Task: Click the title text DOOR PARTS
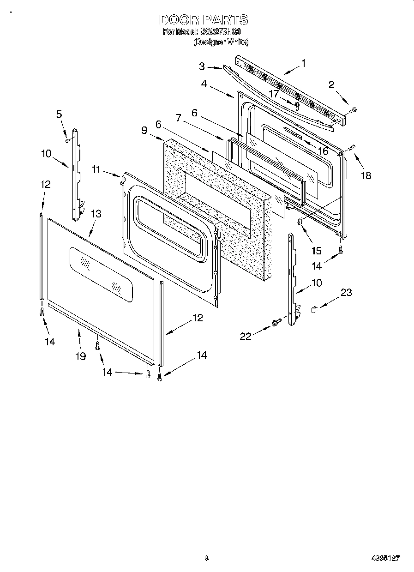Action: click(204, 20)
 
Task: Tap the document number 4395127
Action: click(385, 558)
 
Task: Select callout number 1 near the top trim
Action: click(303, 63)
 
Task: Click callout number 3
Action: click(202, 66)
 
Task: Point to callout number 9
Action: click(144, 130)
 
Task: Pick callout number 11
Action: click(96, 169)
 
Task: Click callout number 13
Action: click(96, 214)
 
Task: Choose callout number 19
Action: click(81, 356)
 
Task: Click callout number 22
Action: click(246, 336)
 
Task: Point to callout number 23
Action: click(346, 292)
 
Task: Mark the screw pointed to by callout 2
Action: click(354, 110)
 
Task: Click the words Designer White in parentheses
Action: click(221, 42)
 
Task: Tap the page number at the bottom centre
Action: click(207, 558)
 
